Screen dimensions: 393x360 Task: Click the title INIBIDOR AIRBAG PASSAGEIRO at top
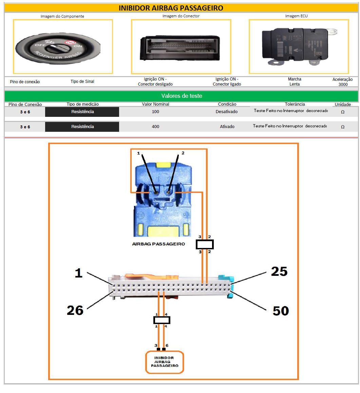(171, 8)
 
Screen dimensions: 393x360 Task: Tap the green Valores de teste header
(182, 96)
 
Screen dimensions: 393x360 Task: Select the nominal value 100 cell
(155, 112)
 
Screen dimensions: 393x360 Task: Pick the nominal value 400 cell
(155, 127)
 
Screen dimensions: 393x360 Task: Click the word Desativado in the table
(227, 112)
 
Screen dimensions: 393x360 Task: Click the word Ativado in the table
(227, 127)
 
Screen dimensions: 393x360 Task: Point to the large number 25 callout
(279, 271)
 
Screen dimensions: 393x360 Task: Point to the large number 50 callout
(281, 311)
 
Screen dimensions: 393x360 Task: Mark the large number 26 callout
(75, 310)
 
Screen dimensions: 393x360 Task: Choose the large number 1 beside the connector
(78, 273)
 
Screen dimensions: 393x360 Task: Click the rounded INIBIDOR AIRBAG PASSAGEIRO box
(165, 362)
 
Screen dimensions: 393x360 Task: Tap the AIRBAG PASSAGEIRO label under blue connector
(158, 244)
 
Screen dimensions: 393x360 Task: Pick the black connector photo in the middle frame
(180, 48)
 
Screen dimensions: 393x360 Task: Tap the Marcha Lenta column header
(295, 82)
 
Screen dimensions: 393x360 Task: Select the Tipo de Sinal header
(82, 82)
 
